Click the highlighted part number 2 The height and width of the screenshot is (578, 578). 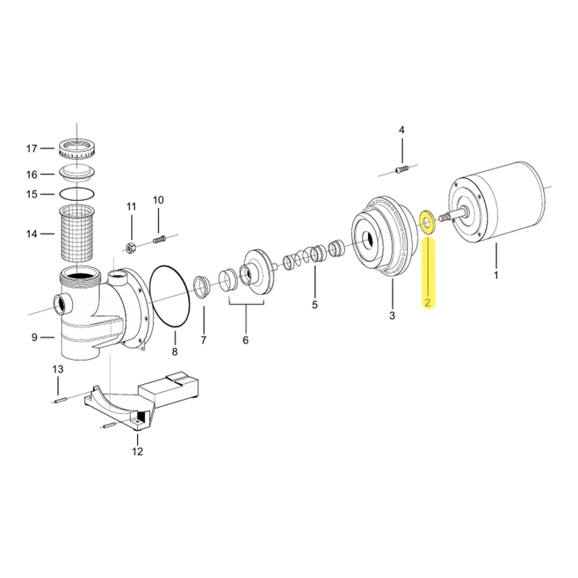pyautogui.click(x=427, y=302)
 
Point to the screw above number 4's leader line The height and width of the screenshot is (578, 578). pyautogui.click(x=401, y=169)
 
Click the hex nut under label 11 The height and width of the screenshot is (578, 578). pyautogui.click(x=131, y=247)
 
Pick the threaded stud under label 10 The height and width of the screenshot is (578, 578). pyautogui.click(x=159, y=238)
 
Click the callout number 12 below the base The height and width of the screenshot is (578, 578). pyautogui.click(x=137, y=451)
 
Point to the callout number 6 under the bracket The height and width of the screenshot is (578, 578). pyautogui.click(x=246, y=340)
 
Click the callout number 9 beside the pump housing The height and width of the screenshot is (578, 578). pyautogui.click(x=34, y=337)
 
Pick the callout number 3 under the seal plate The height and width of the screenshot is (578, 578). pyautogui.click(x=392, y=316)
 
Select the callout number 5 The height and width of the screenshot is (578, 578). pyautogui.click(x=315, y=305)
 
